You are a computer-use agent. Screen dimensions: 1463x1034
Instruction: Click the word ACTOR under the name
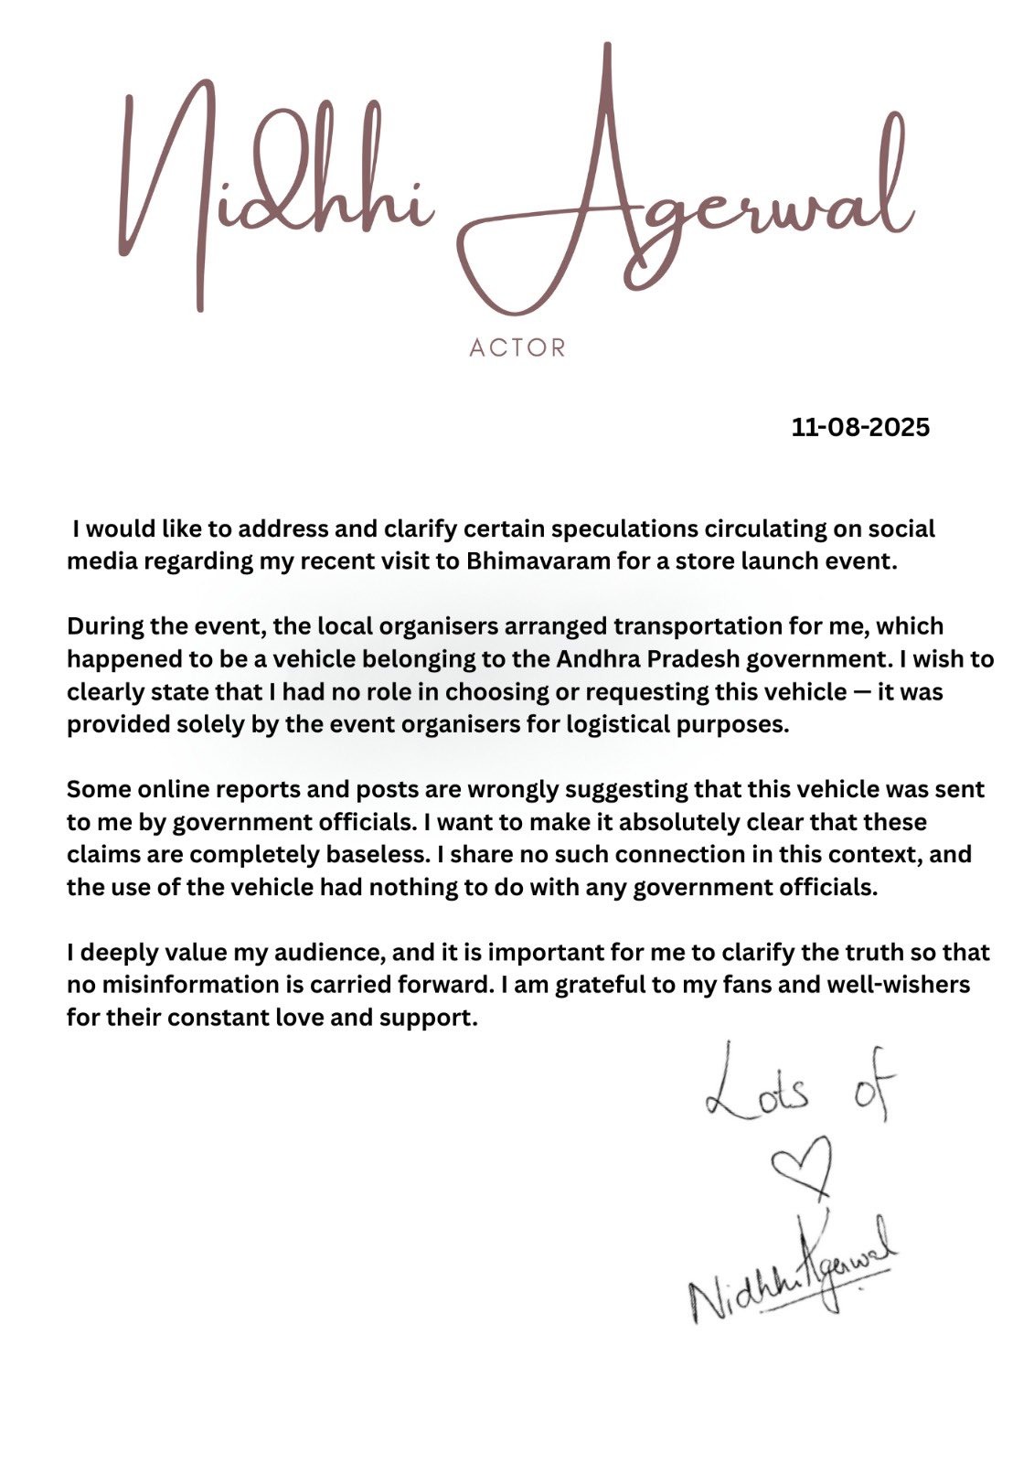517,348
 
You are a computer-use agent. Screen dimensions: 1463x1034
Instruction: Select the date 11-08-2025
860,427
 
